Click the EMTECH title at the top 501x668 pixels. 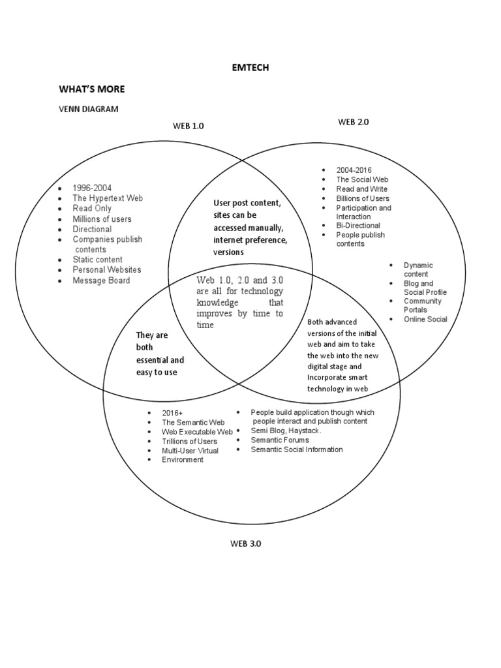250,67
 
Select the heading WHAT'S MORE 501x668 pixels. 91,89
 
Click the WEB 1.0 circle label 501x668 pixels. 189,126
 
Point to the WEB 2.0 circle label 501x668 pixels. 354,121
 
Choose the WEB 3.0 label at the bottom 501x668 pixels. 245,543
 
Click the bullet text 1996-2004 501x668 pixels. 92,188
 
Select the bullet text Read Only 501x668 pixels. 92,208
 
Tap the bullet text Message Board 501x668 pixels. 101,281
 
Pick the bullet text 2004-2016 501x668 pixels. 354,170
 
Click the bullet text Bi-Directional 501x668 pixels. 358,226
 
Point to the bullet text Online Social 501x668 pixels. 425,319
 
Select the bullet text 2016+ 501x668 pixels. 173,414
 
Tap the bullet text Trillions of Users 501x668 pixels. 190,442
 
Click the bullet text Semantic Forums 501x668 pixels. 280,440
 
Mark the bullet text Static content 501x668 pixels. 98,260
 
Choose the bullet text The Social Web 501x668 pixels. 362,179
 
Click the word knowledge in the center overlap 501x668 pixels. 219,303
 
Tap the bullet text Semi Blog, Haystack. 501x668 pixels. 286,431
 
